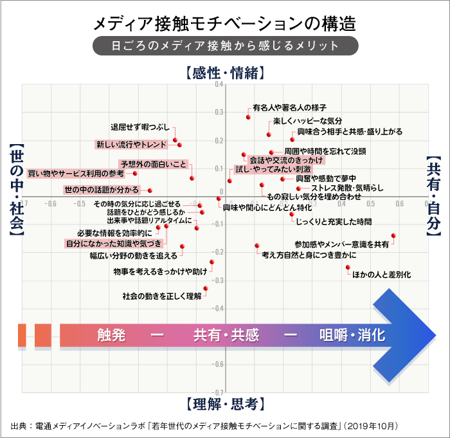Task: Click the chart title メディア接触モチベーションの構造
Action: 224,24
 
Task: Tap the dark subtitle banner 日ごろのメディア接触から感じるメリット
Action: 224,46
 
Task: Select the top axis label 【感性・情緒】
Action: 224,73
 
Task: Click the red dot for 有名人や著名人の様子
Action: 248,116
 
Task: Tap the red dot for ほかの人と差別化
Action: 348,267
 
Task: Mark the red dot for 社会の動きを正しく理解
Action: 206,289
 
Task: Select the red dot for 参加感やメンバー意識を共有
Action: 393,236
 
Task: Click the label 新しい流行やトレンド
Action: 131,143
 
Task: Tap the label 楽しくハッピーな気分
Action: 307,120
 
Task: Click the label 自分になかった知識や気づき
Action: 113,243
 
